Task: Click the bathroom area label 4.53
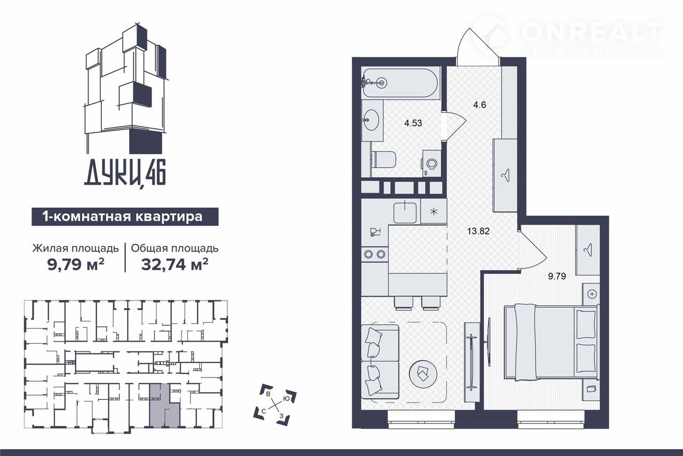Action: coord(413,123)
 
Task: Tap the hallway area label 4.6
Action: coord(479,105)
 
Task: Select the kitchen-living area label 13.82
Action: coord(479,231)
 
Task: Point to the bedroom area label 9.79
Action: coord(557,276)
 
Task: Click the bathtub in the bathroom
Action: coord(401,83)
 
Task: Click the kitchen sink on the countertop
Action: coord(405,212)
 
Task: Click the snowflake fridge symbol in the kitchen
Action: coord(434,211)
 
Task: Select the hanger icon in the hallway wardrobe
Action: coord(505,176)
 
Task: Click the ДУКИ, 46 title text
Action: coord(125,175)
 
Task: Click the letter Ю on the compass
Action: coord(286,399)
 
